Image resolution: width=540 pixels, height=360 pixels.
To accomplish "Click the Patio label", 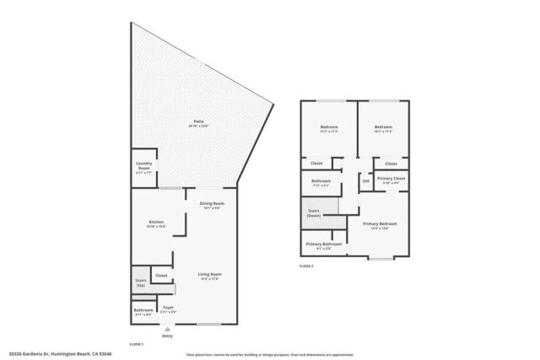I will click(x=199, y=123).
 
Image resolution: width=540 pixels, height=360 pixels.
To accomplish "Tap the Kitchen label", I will click(x=155, y=223).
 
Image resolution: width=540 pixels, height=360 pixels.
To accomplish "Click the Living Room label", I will click(x=209, y=276).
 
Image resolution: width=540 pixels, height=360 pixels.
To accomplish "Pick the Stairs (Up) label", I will click(x=140, y=282).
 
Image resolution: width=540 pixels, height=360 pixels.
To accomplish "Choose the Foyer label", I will click(x=168, y=309).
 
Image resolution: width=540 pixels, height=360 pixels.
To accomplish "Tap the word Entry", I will click(x=168, y=336).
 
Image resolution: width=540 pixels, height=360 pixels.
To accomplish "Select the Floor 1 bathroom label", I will click(x=143, y=312).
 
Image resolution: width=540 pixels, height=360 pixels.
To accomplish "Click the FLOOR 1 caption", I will click(x=136, y=344).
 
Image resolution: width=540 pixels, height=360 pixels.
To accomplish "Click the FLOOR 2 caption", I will click(x=306, y=266).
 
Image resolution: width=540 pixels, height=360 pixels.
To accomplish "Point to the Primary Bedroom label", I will click(x=380, y=224).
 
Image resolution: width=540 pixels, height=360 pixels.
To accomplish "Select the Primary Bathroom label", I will click(x=323, y=246).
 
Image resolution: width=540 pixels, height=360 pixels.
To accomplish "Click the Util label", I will click(x=365, y=180).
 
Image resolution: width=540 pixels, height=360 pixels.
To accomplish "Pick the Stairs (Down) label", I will click(x=314, y=213).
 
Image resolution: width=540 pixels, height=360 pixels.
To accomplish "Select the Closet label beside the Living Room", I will click(x=161, y=276).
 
